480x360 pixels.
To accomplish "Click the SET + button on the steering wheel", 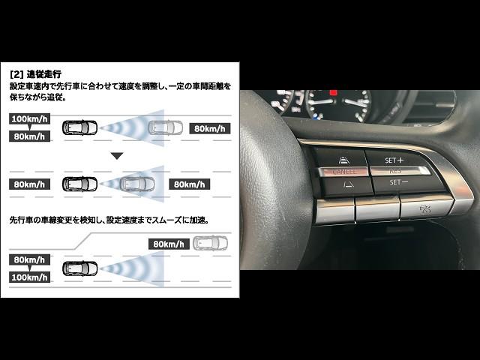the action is [394, 160].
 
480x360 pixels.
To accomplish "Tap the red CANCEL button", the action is [343, 172].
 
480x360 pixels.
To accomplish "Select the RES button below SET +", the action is [398, 171].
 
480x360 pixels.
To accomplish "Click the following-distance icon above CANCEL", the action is [344, 160].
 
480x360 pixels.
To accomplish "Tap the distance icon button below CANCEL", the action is [348, 184].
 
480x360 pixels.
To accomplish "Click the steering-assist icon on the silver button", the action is [425, 209].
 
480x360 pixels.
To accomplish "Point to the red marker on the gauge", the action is [333, 92].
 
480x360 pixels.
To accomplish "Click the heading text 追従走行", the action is [44, 74].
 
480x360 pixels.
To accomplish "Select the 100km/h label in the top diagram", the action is [30, 118].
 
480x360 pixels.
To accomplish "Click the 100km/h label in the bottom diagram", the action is [30, 277].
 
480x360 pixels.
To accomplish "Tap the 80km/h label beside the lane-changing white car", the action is [169, 244].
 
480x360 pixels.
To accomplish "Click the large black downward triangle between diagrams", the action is [117, 156].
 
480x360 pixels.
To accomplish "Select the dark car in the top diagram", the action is [80, 127].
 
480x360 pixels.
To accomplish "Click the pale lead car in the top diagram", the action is [165, 127].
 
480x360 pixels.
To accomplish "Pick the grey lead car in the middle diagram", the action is [137, 184].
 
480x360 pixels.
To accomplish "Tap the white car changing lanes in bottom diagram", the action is [210, 243].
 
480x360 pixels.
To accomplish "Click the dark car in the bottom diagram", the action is [80, 268].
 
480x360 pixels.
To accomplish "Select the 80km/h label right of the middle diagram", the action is [189, 184].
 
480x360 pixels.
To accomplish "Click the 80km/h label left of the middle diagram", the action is [30, 184].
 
